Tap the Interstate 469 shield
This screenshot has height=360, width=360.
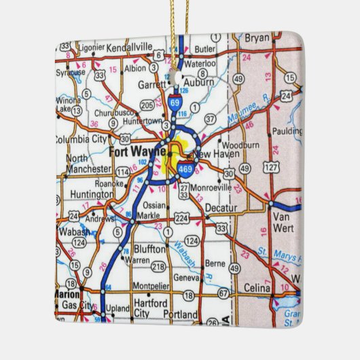coord(184,168)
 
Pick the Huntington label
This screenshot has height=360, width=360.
coord(91,195)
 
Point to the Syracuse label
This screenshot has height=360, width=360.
coord(70,71)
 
